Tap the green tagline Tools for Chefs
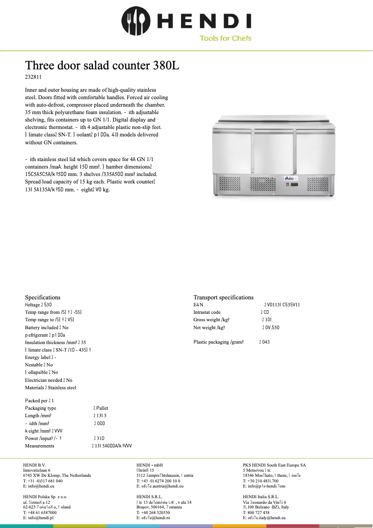click(225, 38)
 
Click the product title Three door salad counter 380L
click(102, 65)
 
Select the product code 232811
click(33, 77)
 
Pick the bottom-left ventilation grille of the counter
click(232, 186)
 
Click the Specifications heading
click(43, 297)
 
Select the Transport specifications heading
click(223, 297)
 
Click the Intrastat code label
click(207, 312)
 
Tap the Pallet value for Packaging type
click(101, 408)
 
